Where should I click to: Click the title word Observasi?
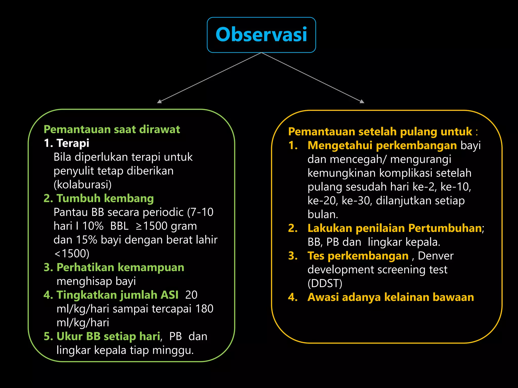(x=261, y=35)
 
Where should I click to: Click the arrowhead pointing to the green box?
(x=159, y=102)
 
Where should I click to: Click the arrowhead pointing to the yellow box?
(x=362, y=101)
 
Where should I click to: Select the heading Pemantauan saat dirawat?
(x=112, y=129)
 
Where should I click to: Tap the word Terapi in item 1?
(x=73, y=143)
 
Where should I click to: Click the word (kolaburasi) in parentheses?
(x=82, y=185)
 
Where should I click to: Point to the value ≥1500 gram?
(x=166, y=226)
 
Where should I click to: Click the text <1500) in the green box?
(x=72, y=254)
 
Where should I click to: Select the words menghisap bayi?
(x=96, y=281)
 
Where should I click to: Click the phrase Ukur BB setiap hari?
(x=108, y=336)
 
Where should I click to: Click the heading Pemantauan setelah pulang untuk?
(x=380, y=132)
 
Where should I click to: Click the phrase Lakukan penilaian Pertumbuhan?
(x=395, y=228)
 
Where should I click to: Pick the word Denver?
(x=436, y=256)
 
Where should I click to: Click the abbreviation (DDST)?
(x=325, y=283)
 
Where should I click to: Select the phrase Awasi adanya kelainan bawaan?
(x=391, y=297)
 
